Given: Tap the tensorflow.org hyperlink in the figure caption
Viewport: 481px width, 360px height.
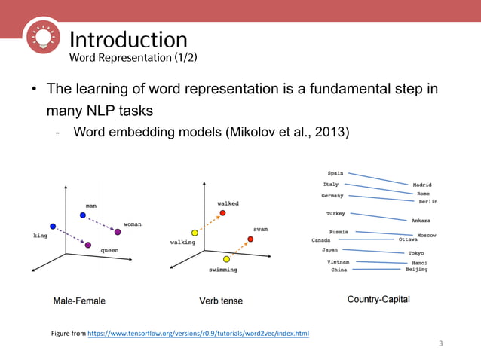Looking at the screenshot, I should [x=198, y=332].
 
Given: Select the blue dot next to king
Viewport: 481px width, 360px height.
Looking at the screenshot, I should [x=53, y=226].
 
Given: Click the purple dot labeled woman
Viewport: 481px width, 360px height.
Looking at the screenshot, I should [x=118, y=232].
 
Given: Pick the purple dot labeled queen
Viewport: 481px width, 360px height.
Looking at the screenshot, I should [x=88, y=246].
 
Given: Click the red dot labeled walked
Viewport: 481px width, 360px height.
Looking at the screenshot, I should [x=222, y=213].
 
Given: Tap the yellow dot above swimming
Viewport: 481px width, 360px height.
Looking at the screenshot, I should [x=226, y=259].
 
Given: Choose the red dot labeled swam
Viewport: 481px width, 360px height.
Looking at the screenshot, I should [x=250, y=239].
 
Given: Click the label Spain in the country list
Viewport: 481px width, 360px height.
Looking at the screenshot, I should [x=335, y=173].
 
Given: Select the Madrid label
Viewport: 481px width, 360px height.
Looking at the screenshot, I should [x=421, y=185].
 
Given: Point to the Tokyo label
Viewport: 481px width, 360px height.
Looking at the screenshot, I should [x=416, y=253].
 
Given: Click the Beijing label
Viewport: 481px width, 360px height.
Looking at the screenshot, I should [x=416, y=269].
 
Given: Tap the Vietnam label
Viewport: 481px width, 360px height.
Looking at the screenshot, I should [x=338, y=261].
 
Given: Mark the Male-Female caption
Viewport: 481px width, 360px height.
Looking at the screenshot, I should [x=79, y=301].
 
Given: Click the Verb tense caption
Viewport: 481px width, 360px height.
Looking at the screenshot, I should [x=221, y=301].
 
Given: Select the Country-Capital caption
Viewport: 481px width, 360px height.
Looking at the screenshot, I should [x=378, y=299].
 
